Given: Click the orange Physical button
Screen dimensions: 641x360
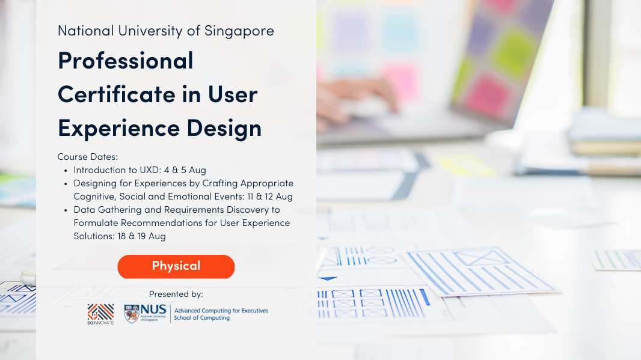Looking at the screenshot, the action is [176, 266].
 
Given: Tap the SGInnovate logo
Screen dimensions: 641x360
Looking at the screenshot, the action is [100, 314].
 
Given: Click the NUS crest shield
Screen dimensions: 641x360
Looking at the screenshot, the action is [132, 314].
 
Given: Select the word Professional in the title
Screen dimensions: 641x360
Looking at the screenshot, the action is [126, 61].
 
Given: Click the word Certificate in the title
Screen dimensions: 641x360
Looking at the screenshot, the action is [117, 94].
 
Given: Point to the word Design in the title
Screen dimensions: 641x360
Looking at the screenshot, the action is [224, 129].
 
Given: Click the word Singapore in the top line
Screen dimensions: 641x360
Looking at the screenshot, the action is [239, 31].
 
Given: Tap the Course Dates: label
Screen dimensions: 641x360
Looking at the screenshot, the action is [87, 157].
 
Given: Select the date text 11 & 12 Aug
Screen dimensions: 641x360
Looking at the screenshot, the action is [270, 197].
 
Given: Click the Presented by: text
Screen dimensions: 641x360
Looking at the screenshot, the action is [176, 294].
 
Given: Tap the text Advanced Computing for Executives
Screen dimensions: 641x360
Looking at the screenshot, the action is [221, 311].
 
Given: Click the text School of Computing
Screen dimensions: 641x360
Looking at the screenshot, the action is [201, 317].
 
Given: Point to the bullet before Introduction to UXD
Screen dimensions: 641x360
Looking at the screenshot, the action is [66, 171].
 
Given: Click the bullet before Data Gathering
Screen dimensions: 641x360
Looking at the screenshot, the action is [66, 210].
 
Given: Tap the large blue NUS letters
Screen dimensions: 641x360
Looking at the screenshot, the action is [153, 310].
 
